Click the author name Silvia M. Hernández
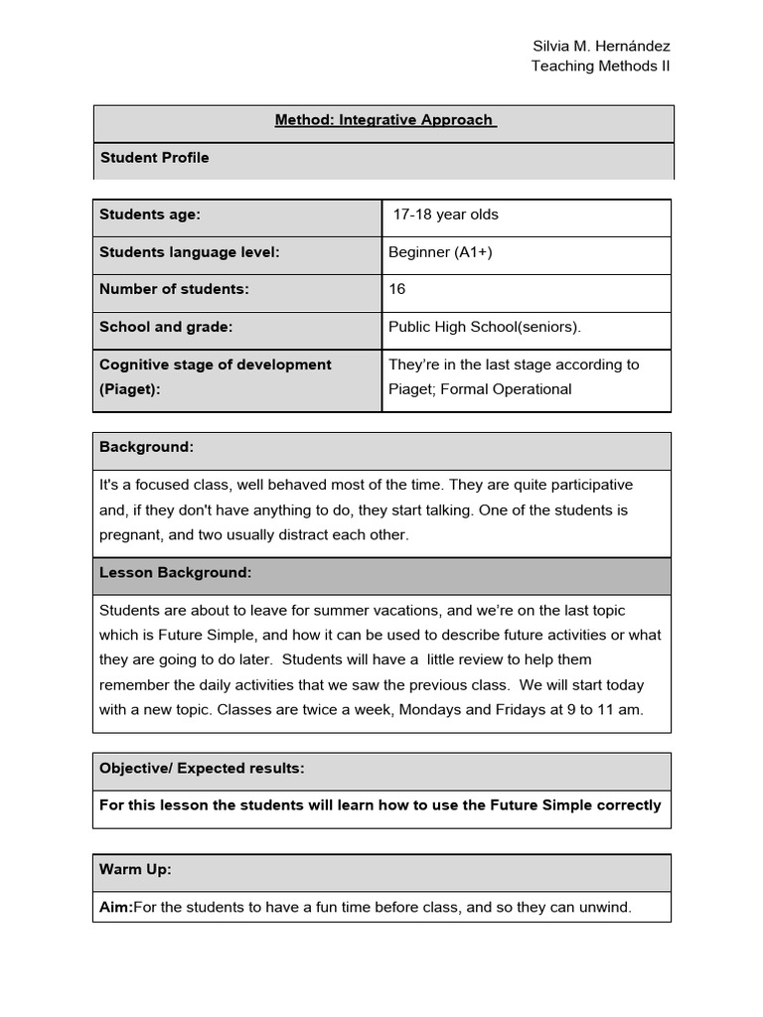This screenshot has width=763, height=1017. tap(601, 47)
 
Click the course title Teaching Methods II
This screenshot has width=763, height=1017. tap(600, 67)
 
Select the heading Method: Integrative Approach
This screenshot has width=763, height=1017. tap(383, 120)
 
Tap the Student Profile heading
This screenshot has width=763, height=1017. tap(154, 157)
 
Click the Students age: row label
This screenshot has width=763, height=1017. tap(150, 215)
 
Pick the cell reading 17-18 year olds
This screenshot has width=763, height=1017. tap(446, 215)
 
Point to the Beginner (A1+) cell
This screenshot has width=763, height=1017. tap(440, 252)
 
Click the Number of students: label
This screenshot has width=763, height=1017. tap(174, 289)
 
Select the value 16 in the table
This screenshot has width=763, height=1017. tap(397, 289)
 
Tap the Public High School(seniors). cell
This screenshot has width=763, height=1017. tap(485, 327)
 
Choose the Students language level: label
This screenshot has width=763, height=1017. tap(190, 252)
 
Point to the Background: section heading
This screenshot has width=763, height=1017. tap(146, 447)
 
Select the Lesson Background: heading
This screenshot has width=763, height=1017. tap(175, 573)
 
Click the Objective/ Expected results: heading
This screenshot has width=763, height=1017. tap(202, 769)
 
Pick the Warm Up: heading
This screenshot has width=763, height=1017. tap(135, 869)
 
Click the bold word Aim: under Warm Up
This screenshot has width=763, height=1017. tap(115, 907)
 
